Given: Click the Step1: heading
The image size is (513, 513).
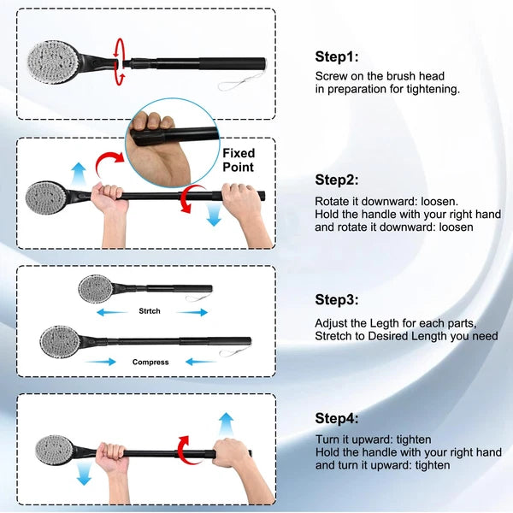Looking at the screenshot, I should pos(337,57).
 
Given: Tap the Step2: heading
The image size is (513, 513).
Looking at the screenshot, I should pos(337,180).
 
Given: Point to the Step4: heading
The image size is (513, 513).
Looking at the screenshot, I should pos(337,418).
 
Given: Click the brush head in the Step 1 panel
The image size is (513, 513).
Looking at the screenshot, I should pos(58,56).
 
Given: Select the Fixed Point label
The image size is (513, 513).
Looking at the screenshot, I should pos(239,161).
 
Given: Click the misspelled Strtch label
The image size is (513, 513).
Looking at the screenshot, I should pos(150,312).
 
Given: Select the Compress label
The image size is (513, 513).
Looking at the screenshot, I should pos(150,362).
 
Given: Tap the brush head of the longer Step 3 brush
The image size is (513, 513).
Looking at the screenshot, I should pos(59,342).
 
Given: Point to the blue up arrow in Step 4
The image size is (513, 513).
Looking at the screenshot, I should pos(227,423).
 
